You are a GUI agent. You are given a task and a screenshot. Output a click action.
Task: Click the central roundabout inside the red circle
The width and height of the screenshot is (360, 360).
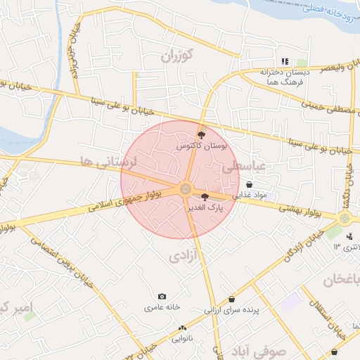[186, 188]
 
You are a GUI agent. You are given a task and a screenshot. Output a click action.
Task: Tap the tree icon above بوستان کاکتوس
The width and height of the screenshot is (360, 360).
[202, 134]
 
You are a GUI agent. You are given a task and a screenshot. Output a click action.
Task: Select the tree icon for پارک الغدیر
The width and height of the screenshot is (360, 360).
[205, 197]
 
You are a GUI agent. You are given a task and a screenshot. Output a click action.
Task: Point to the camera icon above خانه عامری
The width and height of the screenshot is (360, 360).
[162, 297]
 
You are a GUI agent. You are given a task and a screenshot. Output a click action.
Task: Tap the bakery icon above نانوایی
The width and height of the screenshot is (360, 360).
[183, 328]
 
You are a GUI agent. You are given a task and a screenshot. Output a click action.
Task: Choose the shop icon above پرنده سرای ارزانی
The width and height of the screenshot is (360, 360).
[232, 299]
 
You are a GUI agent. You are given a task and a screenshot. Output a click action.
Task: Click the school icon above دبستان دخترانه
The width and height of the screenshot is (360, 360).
[285, 62]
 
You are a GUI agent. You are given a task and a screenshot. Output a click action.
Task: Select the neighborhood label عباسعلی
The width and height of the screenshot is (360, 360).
[243, 167]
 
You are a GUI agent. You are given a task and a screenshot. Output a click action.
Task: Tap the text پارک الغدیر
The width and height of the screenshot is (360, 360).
[204, 208]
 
